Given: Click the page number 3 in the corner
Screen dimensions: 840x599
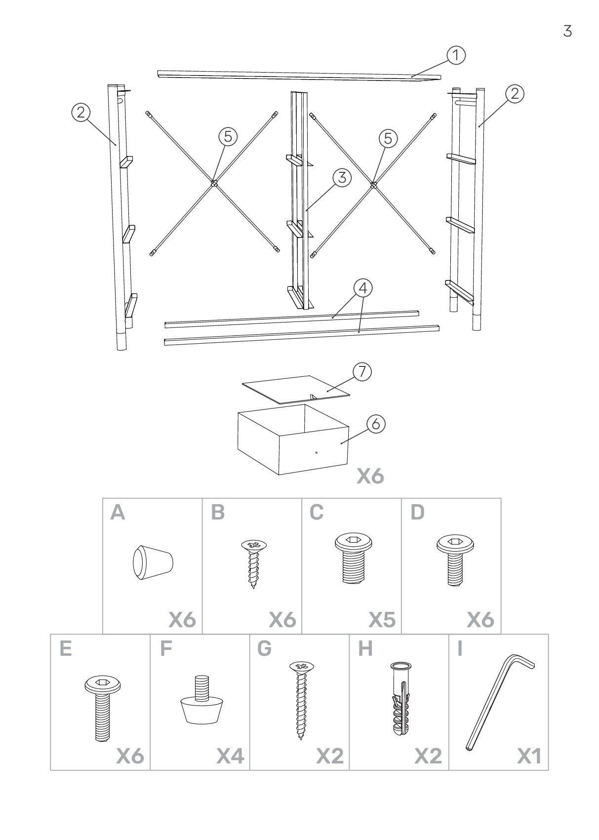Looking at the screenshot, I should click(567, 31).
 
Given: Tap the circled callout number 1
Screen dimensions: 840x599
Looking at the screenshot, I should click(456, 55).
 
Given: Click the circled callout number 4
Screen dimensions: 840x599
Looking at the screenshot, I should click(363, 288).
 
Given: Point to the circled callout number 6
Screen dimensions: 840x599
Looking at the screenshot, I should click(376, 424).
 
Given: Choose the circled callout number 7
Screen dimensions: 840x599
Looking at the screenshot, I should click(362, 372).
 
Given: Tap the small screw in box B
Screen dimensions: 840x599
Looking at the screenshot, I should click(253, 563).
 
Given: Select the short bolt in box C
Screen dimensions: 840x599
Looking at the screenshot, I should click(353, 559).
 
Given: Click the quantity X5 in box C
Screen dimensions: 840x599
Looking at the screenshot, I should click(382, 620).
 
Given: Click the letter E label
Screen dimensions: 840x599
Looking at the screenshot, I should click(65, 649).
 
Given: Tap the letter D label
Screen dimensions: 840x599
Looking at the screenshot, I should click(417, 513).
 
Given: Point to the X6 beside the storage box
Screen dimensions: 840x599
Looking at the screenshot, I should click(370, 476).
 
